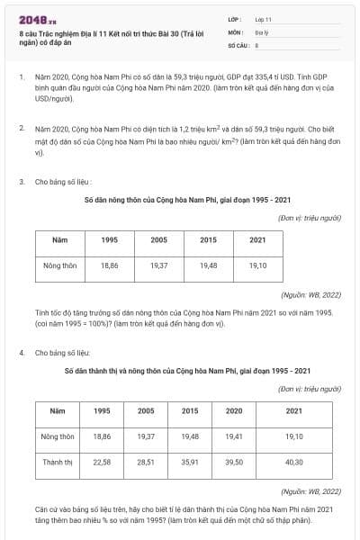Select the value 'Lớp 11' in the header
(265, 18)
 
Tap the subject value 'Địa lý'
(262, 31)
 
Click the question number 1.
(21, 78)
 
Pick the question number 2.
(21, 130)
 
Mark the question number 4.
(21, 353)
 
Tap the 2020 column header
(234, 410)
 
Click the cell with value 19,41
(234, 436)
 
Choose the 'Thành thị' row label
(58, 462)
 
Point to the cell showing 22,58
(102, 462)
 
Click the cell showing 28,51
(146, 462)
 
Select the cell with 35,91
(190, 462)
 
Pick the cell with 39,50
(234, 462)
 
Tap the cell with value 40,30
(294, 462)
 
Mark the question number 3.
(21, 182)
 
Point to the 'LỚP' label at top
(235, 18)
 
